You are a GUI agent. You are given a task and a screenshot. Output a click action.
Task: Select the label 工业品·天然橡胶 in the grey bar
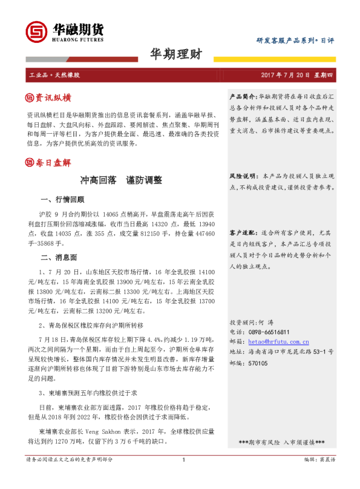point(54,76)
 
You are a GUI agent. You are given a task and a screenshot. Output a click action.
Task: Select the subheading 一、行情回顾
point(62,199)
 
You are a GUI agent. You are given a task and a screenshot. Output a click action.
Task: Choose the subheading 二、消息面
point(58,257)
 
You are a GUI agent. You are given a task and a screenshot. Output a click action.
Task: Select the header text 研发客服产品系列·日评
point(295,40)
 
